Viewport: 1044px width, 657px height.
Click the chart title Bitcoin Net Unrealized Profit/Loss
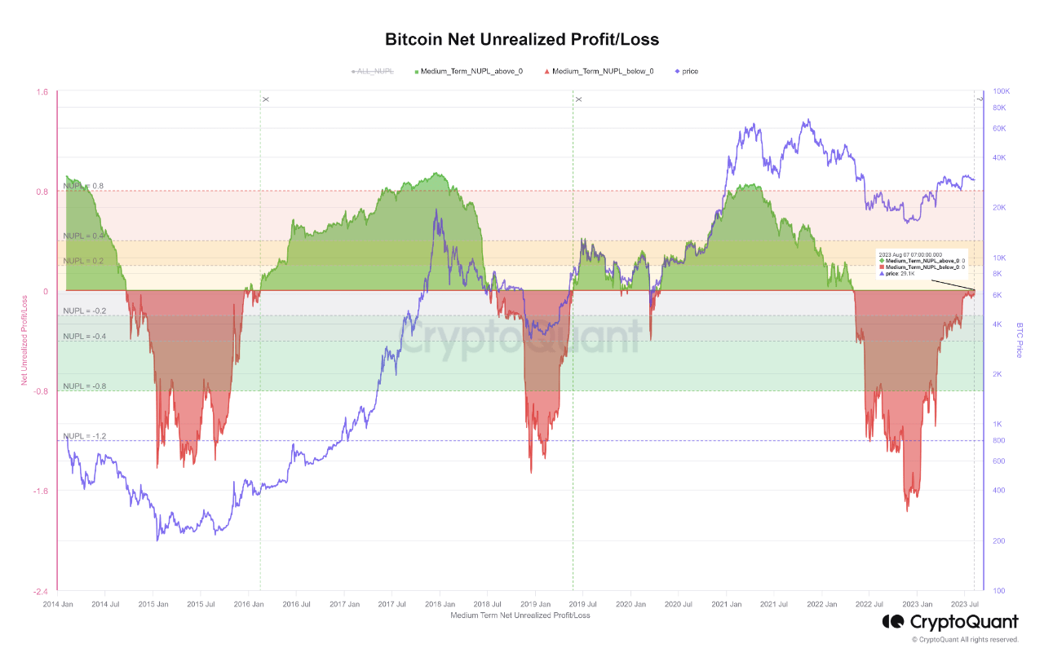pos(521,39)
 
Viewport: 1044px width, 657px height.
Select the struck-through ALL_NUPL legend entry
pos(373,72)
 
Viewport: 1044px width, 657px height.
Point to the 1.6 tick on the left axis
pos(42,92)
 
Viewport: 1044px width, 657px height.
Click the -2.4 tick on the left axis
pos(40,591)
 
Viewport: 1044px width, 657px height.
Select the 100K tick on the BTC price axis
pos(1000,92)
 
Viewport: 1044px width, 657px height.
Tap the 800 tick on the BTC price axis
pos(998,441)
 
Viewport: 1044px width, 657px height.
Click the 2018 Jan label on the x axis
pos(439,604)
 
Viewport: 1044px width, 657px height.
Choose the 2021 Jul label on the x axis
pos(773,604)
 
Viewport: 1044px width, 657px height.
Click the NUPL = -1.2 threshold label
pos(85,436)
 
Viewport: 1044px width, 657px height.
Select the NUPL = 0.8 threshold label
pos(83,187)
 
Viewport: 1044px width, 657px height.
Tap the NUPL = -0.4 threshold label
pos(85,337)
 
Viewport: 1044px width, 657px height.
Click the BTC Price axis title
pos(1019,340)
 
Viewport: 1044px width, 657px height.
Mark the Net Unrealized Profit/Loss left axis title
pos(24,340)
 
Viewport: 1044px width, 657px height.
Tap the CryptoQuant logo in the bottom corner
pos(950,622)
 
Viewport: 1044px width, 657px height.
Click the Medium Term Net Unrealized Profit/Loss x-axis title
pos(520,615)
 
